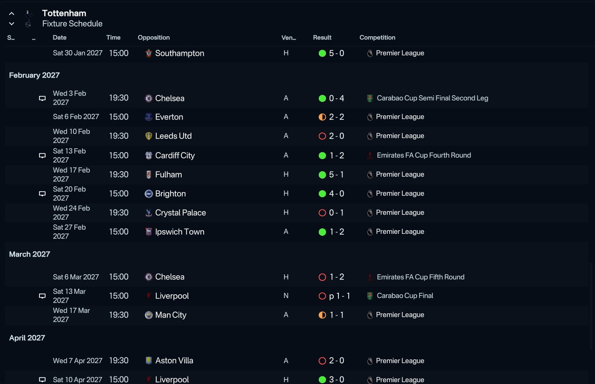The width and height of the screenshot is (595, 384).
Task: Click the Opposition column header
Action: click(153, 38)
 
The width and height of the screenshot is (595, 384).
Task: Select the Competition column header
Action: click(377, 38)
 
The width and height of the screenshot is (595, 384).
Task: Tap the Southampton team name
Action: click(179, 53)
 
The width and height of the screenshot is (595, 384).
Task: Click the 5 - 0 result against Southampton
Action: click(336, 53)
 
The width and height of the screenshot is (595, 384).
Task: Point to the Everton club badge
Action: click(148, 117)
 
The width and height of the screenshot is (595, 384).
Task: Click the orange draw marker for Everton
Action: click(322, 117)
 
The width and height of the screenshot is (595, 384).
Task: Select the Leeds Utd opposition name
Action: click(173, 136)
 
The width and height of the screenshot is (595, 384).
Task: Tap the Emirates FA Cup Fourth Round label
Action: click(423, 155)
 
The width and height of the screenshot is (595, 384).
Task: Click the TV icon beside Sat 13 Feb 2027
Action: click(42, 155)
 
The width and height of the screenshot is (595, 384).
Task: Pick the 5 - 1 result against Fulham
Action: click(336, 174)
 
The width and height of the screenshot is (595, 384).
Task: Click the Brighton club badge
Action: click(148, 193)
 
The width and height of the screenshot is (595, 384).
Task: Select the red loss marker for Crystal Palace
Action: click(322, 213)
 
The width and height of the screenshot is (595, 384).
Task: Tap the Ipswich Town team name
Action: click(179, 232)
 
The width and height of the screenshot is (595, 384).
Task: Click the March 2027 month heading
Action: click(29, 254)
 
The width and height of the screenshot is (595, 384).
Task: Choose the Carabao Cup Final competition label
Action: click(405, 296)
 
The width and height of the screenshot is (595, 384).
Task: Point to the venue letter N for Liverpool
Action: click(286, 296)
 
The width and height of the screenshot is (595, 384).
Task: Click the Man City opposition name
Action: click(171, 315)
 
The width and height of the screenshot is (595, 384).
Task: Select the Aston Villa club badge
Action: click(148, 360)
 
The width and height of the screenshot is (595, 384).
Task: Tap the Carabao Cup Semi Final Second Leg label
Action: click(432, 98)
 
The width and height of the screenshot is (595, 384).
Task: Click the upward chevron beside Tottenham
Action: click(12, 13)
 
